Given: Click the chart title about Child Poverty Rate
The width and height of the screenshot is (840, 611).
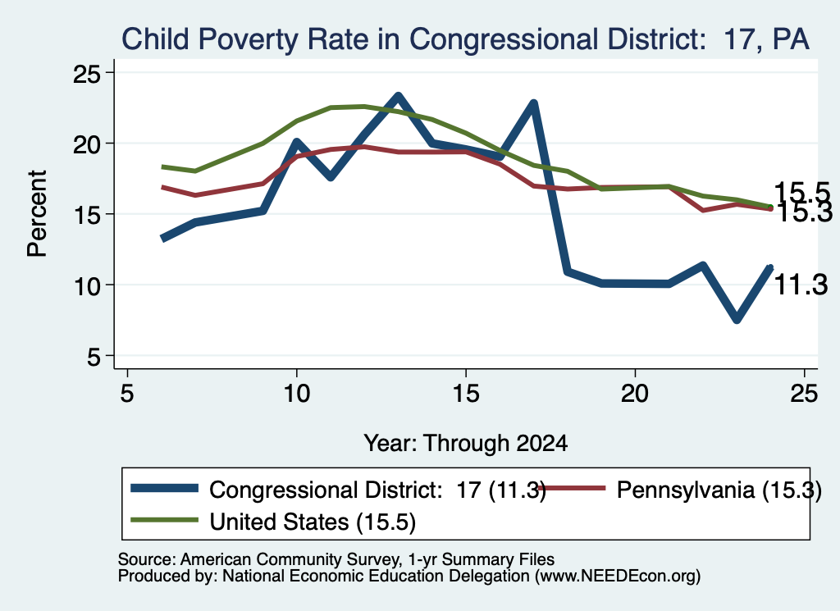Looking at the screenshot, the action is (x=465, y=39).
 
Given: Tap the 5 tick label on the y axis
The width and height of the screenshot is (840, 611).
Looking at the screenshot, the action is (x=94, y=357).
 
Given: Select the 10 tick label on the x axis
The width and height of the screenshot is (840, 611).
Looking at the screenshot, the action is (x=296, y=394).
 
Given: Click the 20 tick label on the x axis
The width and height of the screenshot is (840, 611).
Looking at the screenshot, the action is (x=635, y=394).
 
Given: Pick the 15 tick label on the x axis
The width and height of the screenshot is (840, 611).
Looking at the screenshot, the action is (x=466, y=394).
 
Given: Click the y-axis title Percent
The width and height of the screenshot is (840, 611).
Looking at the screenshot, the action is (x=37, y=214).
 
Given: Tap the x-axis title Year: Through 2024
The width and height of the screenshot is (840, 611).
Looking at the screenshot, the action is (x=466, y=444).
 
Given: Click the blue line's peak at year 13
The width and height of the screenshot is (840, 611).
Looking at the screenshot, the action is (x=398, y=97).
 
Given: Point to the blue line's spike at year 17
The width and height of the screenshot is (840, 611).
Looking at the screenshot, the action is (x=533, y=103).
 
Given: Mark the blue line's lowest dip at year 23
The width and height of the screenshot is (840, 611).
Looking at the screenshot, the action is (x=737, y=319).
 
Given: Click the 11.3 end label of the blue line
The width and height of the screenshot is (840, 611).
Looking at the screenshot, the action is (x=801, y=285).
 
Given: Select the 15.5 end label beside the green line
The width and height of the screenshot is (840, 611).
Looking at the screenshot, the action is (x=801, y=192).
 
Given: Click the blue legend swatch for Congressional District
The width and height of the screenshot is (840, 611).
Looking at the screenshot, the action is (x=164, y=488).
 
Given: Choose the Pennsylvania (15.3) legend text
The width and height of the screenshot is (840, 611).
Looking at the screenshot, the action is (x=719, y=490).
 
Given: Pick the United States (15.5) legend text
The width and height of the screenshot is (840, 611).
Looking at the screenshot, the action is (x=313, y=522).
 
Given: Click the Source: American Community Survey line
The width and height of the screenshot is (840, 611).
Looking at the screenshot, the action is (x=336, y=559).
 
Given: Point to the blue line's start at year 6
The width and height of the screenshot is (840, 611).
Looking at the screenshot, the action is (x=163, y=239).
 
